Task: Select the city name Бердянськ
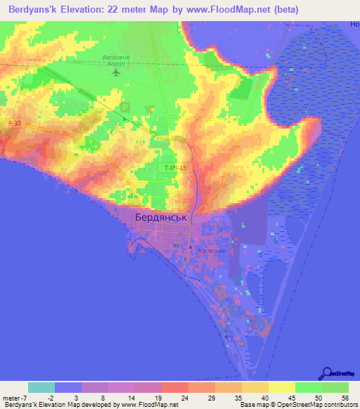[x=161, y=218]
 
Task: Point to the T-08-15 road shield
[x=176, y=168]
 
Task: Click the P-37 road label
[x=15, y=124]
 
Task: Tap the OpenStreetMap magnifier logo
[x=328, y=373]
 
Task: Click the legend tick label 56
[x=344, y=398]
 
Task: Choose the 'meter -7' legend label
[x=13, y=398]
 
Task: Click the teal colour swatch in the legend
[x=41, y=387]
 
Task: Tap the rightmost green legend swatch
[x=335, y=387]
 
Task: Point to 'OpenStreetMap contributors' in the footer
[x=326, y=405]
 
